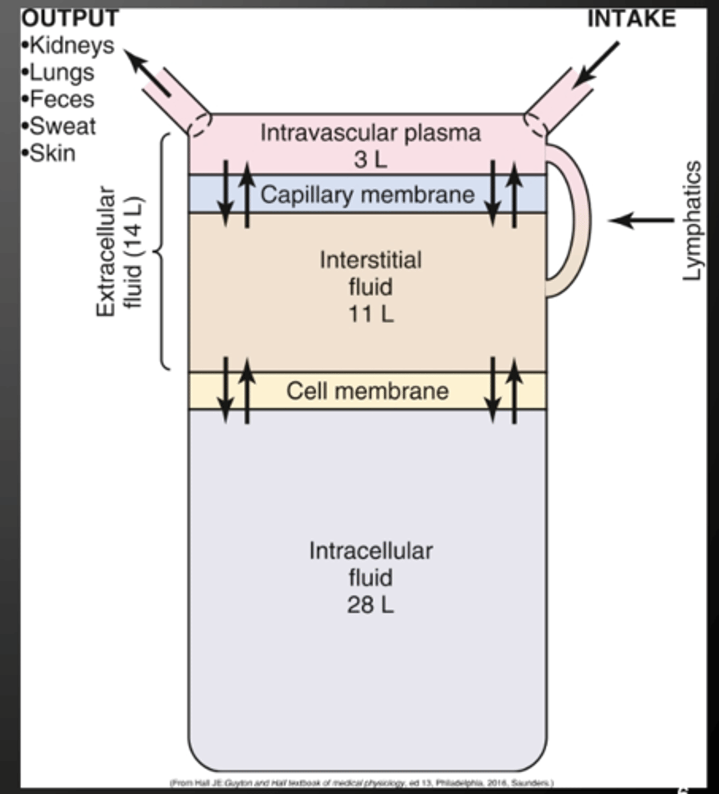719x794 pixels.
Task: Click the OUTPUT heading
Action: (69, 17)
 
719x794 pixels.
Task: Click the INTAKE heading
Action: (631, 19)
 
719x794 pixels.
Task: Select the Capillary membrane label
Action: (367, 195)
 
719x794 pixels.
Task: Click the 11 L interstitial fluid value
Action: (370, 313)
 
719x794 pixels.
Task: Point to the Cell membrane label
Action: (367, 390)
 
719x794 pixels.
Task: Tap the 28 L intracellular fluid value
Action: (370, 605)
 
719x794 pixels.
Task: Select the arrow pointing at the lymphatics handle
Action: (640, 220)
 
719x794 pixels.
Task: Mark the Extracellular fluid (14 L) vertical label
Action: (120, 252)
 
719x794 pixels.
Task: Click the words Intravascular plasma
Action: (370, 132)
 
